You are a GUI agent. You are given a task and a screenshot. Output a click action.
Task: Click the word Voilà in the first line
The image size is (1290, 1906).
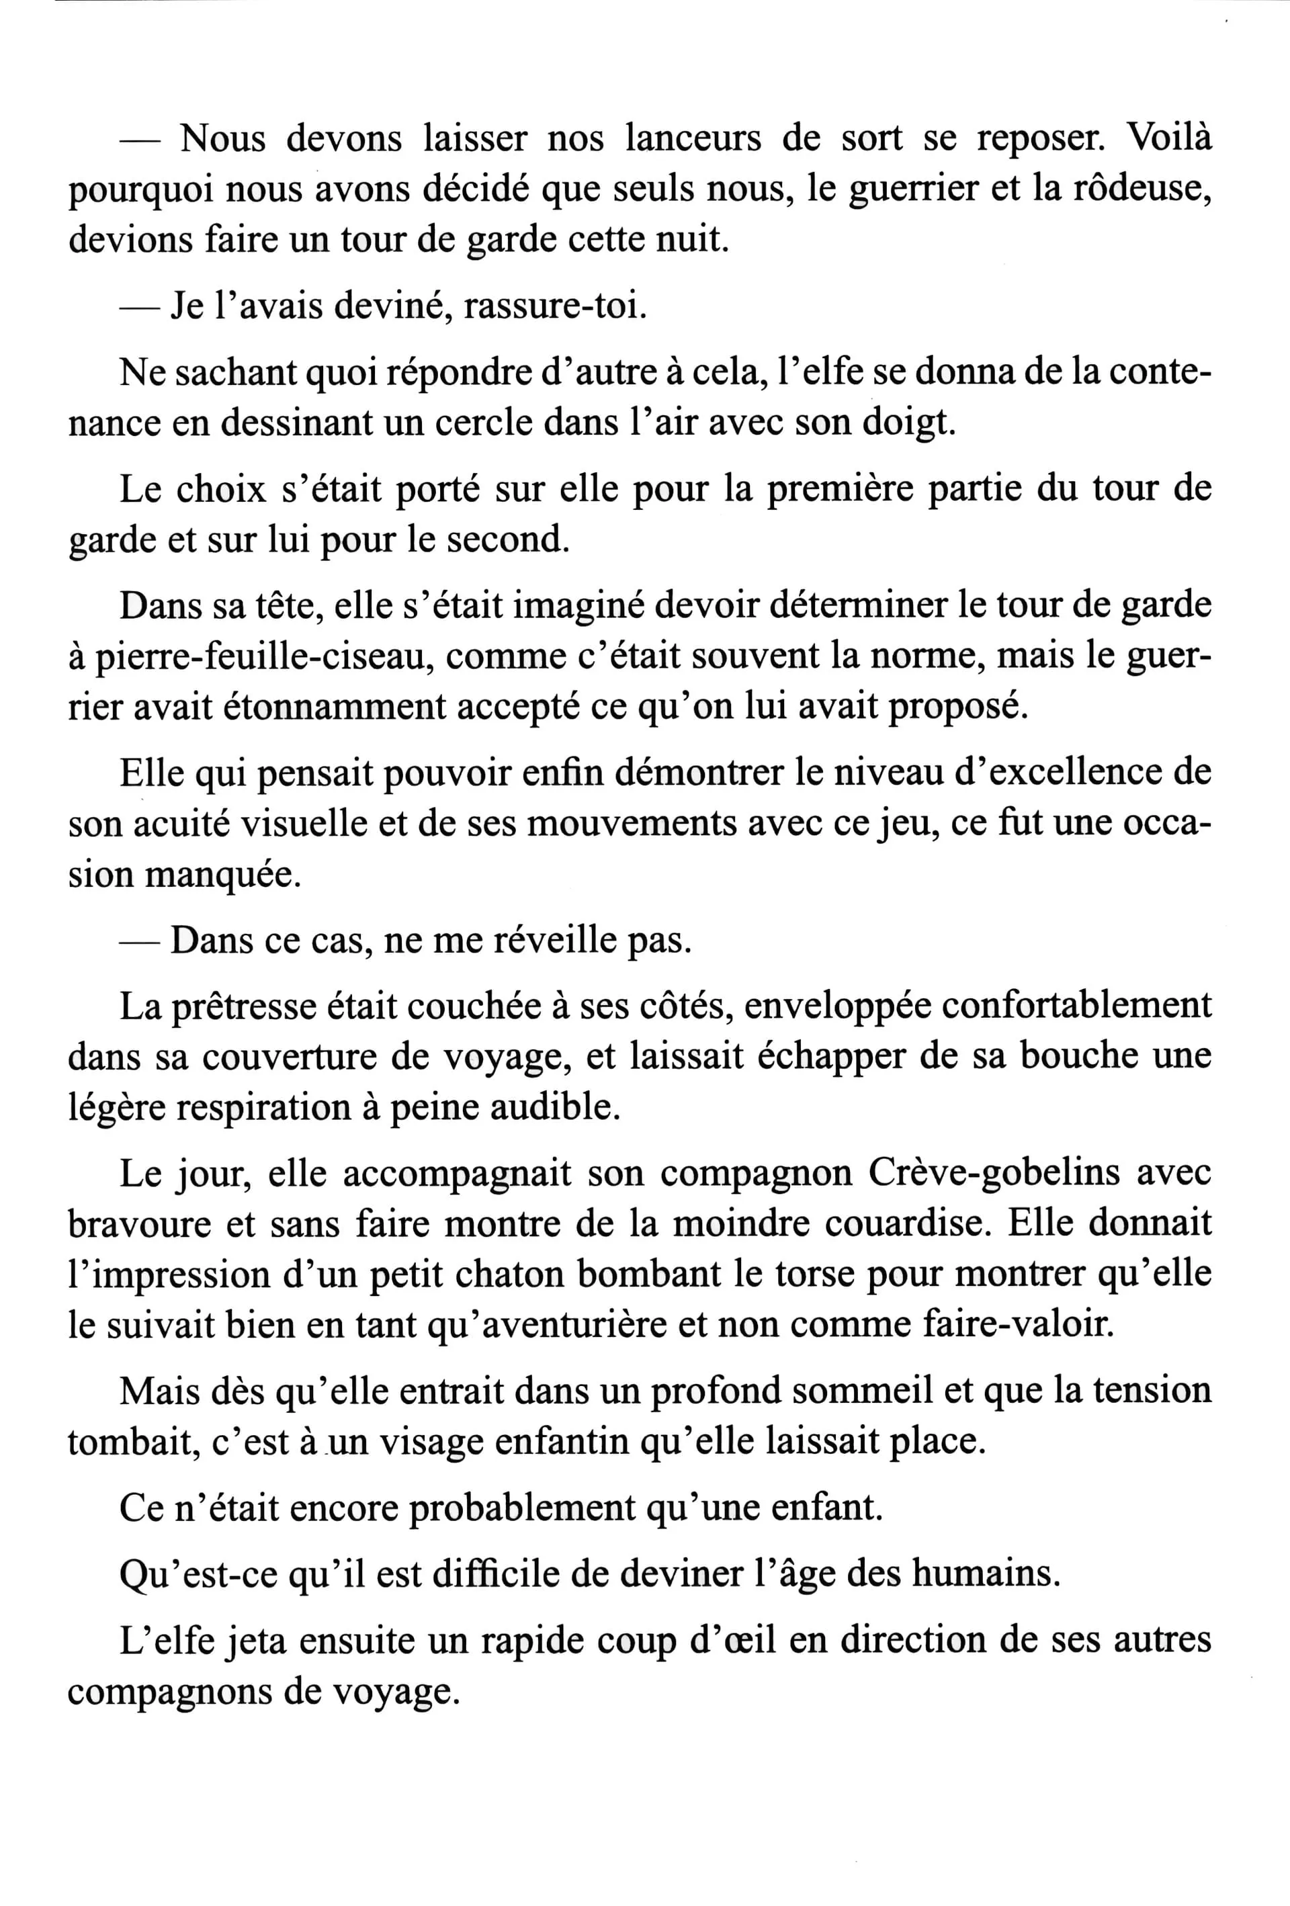point(1170,137)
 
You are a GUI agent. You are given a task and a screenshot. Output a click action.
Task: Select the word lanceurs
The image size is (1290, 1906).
point(692,137)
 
